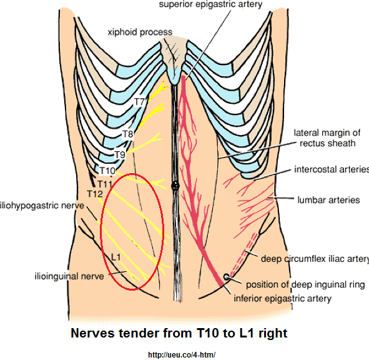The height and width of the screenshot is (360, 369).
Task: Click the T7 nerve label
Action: tap(139, 102)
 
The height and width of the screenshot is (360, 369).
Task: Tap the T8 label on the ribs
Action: tap(128, 134)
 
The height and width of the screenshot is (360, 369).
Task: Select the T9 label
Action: tap(120, 155)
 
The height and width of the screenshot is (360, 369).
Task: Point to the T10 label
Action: tap(107, 171)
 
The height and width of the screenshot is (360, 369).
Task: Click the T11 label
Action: tap(105, 184)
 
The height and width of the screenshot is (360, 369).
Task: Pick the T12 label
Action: tap(95, 194)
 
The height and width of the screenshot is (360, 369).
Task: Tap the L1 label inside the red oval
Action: tap(116, 257)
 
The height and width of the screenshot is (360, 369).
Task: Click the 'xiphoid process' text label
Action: tap(140, 32)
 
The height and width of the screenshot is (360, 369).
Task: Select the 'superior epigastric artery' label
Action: tap(210, 4)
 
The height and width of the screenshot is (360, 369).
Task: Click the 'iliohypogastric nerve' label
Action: tap(42, 206)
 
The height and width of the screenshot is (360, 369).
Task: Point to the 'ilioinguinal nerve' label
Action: tap(69, 276)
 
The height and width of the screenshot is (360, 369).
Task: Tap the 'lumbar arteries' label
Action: tap(329, 200)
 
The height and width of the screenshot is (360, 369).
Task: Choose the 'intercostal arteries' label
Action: tap(332, 169)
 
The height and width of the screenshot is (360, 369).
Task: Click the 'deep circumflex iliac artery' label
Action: tap(315, 259)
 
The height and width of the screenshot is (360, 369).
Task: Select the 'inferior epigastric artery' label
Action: tap(282, 298)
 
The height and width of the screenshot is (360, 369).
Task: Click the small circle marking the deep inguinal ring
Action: tap(227, 277)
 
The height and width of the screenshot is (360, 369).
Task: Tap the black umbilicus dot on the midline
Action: tap(175, 186)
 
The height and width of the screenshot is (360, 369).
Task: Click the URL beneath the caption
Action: tap(182, 354)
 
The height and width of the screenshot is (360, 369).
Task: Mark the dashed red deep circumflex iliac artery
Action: tap(243, 254)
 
